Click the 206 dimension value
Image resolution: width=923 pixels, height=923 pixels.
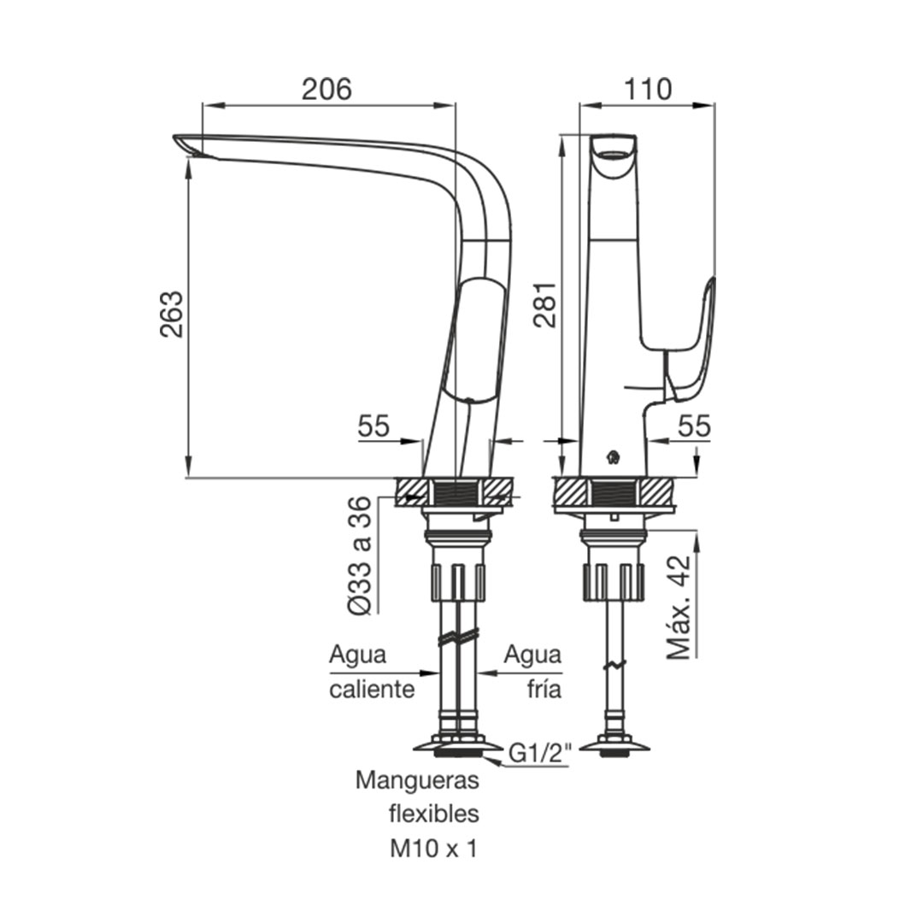pos(326,90)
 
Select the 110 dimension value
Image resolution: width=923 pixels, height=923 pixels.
pos(647,90)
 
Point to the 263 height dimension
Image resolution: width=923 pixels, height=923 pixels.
pos(171,314)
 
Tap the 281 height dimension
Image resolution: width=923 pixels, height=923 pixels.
pos(544,304)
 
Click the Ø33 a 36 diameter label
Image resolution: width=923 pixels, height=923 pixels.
pos(360,556)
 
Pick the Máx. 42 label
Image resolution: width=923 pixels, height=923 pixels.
pos(679,606)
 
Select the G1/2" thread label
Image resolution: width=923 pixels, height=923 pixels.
pos(539,754)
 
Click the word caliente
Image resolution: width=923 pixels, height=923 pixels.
pos(372,690)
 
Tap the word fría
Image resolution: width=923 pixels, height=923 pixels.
pos(544,689)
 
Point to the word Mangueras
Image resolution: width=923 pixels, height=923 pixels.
pos(417,780)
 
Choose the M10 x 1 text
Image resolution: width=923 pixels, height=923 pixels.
pos(433,849)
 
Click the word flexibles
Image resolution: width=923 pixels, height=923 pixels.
pos(434,814)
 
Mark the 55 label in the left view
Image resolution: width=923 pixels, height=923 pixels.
pos(373,426)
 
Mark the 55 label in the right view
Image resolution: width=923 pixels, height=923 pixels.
pos(695,426)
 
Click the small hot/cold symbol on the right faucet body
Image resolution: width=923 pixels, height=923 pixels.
pos(614,456)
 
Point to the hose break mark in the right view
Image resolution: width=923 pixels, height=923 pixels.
pos(614,665)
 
